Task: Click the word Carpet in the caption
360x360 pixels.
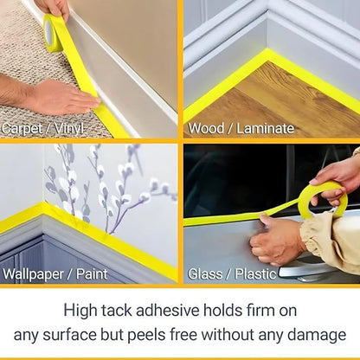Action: [22, 129]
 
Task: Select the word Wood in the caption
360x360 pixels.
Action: [206, 128]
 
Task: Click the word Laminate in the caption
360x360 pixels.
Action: [265, 128]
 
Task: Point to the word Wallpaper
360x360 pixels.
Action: [33, 274]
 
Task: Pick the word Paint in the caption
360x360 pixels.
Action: [92, 273]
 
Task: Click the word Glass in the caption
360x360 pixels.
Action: [205, 273]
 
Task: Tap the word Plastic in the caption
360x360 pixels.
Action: [255, 273]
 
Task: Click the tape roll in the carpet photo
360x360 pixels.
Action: [54, 34]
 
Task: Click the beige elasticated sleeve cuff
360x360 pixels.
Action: [313, 234]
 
